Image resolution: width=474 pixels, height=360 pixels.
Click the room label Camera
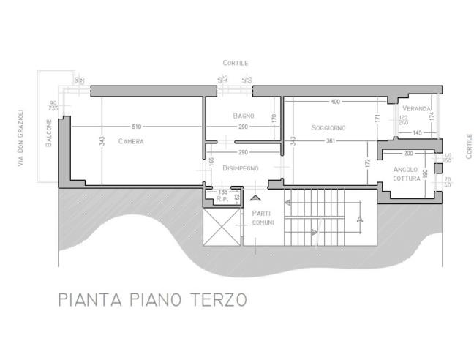(131, 141)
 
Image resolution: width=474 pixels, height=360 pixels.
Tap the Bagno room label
(244, 116)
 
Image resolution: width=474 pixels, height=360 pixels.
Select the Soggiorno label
(328, 127)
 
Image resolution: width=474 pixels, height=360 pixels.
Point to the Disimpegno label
(241, 168)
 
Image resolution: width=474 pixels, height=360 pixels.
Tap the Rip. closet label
(224, 199)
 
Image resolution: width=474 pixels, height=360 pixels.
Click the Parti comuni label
(262, 217)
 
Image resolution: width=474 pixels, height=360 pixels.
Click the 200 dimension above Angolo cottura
(408, 154)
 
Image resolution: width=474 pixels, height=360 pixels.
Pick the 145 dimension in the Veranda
(418, 132)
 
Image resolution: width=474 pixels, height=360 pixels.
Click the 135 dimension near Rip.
(223, 191)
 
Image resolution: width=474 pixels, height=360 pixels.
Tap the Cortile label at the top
(236, 63)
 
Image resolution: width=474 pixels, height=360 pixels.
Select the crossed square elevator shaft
(220, 228)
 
